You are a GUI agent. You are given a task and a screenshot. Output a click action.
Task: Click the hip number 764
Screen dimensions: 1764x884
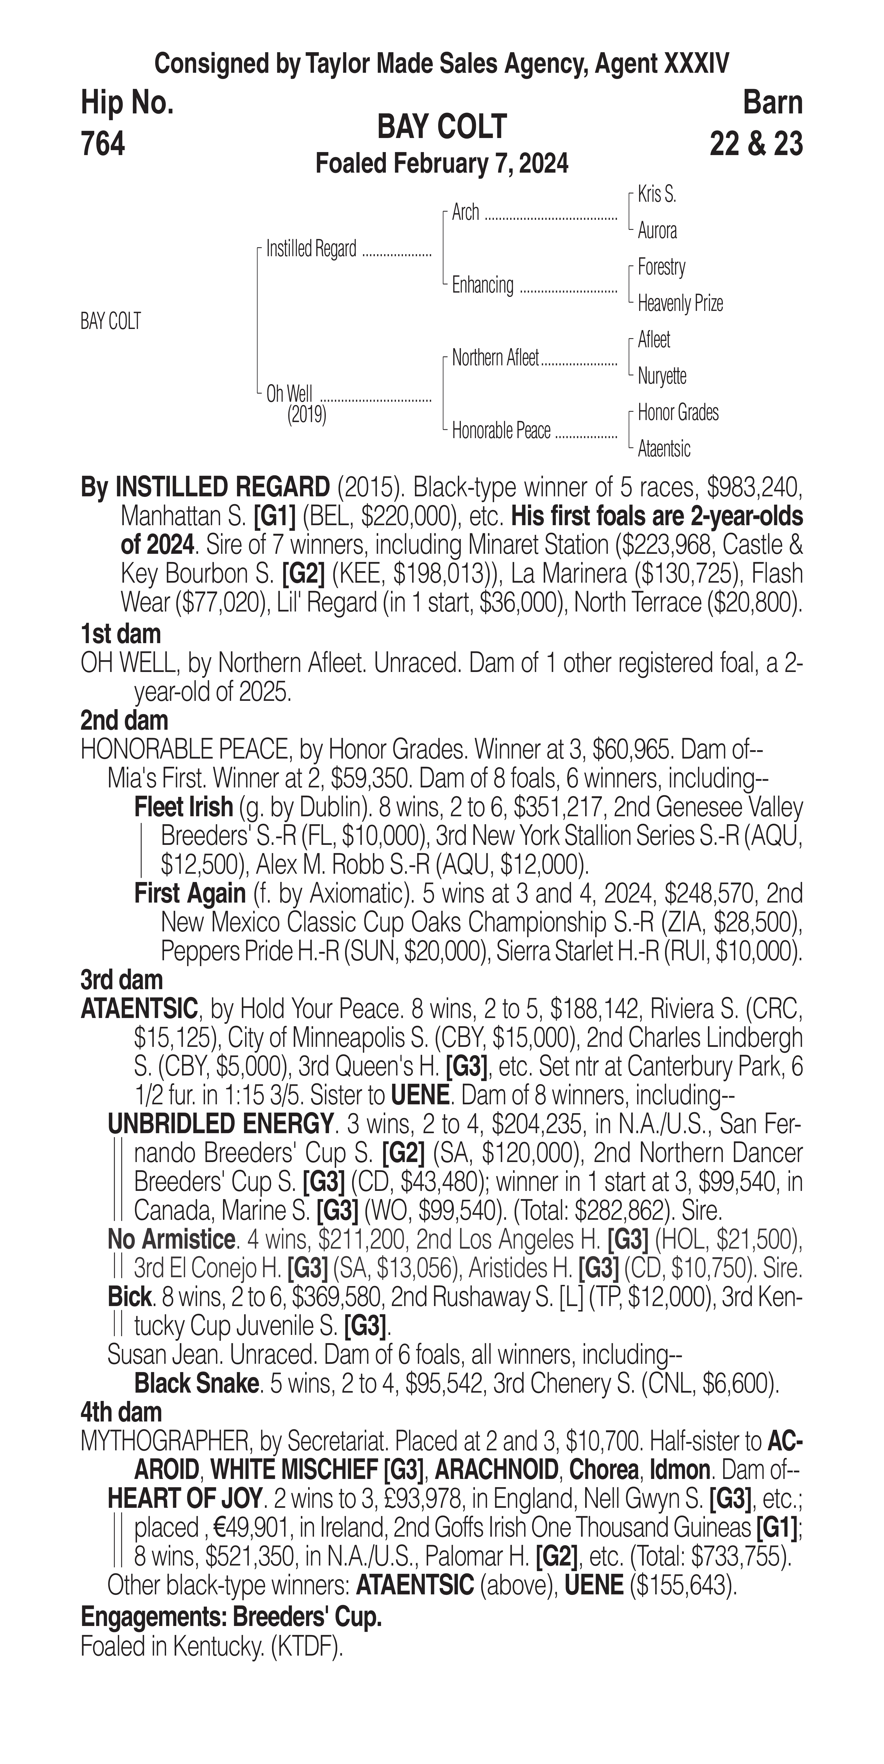tap(103, 145)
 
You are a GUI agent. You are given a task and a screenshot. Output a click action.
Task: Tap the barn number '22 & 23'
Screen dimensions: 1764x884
tap(756, 145)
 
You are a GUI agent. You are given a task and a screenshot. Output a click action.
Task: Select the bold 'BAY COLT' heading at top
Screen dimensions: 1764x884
tap(442, 127)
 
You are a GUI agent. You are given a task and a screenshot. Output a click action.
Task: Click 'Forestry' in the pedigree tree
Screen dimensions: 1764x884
tap(661, 267)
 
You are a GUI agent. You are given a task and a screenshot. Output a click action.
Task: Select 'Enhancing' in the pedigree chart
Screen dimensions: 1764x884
tap(482, 285)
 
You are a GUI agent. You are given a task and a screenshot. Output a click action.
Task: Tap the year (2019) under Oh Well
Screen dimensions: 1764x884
tap(306, 415)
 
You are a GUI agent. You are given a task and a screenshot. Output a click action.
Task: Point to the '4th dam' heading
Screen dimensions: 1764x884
tap(121, 1412)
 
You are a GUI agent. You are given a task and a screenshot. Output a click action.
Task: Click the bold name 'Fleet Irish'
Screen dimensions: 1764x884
tap(184, 807)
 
